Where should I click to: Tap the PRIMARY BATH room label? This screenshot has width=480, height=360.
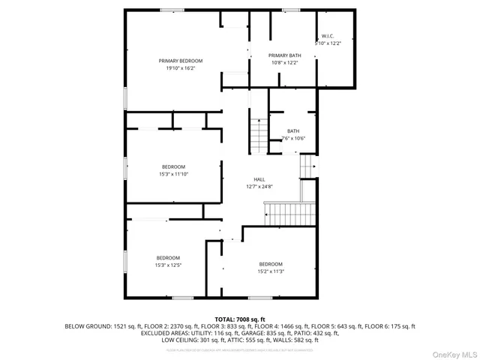click(x=283, y=55)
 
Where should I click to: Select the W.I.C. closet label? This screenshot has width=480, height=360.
click(x=328, y=36)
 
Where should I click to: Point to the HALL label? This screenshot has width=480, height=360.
click(x=259, y=179)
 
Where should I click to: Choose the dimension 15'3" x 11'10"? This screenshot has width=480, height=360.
click(x=173, y=174)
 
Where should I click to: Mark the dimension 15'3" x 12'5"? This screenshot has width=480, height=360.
click(x=168, y=265)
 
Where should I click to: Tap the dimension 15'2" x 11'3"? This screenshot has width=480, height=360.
click(x=271, y=271)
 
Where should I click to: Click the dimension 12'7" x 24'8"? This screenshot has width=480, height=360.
click(x=259, y=187)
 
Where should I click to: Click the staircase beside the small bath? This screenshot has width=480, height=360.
click(x=259, y=136)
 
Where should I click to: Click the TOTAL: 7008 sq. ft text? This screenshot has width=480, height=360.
click(x=240, y=319)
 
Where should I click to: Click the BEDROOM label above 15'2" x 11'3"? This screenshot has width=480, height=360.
click(x=271, y=263)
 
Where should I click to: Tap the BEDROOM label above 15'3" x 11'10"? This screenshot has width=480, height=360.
click(x=173, y=166)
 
